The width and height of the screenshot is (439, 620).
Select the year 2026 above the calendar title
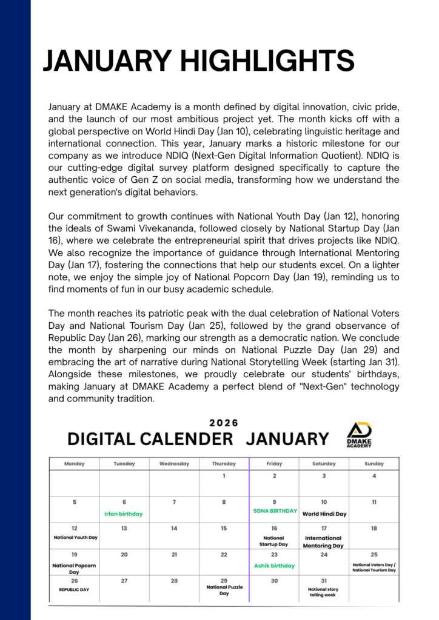pos(224,423)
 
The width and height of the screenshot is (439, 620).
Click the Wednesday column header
pos(174,464)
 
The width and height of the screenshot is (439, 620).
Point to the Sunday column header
pos(374,464)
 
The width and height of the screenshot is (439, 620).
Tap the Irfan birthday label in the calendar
pos(124,514)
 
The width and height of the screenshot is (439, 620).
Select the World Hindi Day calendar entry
pos(324,514)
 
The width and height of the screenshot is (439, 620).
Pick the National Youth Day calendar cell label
pos(76,537)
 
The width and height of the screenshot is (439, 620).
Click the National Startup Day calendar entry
pos(274,541)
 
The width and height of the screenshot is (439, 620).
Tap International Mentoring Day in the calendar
pos(324,542)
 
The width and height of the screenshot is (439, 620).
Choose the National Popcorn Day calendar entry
pos(75,569)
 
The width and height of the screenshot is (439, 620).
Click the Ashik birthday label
pos(274,566)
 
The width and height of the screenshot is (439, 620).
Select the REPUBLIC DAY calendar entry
pos(74,589)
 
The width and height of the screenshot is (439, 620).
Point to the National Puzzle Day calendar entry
pos(224,590)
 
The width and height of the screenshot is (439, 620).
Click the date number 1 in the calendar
pos(224,476)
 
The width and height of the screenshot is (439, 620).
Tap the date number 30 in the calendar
pos(274,581)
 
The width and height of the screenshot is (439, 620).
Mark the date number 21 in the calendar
pos(174,555)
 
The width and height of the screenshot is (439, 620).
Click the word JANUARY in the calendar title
pos(287,439)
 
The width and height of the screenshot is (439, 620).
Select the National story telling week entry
pos(324,592)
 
